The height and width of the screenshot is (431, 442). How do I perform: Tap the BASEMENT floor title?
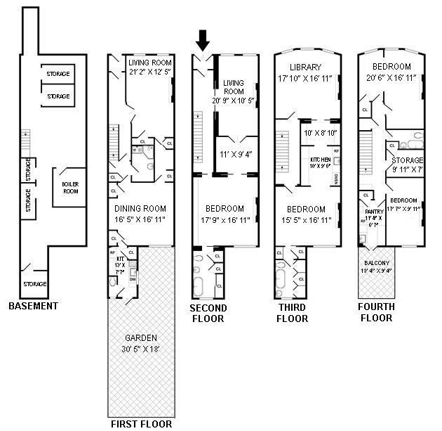[33, 306]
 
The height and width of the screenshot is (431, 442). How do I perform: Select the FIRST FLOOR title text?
[141, 424]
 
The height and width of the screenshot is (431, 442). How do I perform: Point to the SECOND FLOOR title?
[208, 313]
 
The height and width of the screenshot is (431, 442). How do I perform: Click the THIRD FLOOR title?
[291, 313]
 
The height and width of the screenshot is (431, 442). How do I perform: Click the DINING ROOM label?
[141, 208]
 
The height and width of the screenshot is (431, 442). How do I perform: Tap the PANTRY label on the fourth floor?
[373, 211]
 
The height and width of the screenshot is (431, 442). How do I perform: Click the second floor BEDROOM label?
[225, 208]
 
